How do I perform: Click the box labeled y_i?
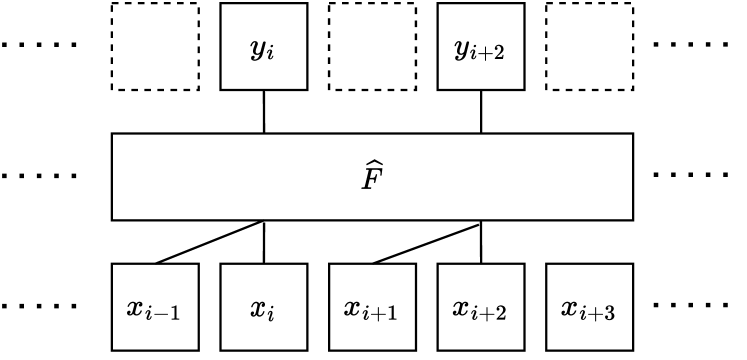[263, 46]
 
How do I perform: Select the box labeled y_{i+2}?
[480, 46]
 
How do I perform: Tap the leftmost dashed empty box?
[155, 46]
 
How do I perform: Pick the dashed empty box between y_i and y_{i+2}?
[372, 46]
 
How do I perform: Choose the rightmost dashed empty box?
[589, 46]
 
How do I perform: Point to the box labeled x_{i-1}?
[155, 307]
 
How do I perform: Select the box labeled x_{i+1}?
[372, 307]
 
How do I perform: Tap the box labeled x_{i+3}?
[589, 307]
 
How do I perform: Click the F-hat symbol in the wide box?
[372, 178]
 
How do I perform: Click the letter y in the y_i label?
[258, 48]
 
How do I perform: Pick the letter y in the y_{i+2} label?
[463, 48]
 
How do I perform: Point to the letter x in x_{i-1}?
[136, 307]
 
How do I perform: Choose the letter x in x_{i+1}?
[353, 307]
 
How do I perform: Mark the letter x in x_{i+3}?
[570, 307]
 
